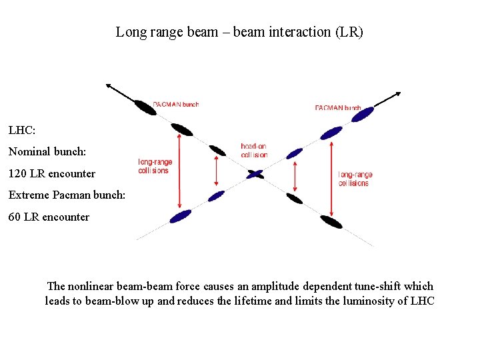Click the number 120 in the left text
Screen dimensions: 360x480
click(x=18, y=173)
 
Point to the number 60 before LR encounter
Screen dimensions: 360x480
click(x=15, y=217)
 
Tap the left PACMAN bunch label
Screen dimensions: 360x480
click(x=176, y=104)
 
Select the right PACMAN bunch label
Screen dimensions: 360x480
click(x=337, y=107)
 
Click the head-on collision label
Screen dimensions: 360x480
click(x=254, y=151)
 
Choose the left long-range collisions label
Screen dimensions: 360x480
click(x=155, y=166)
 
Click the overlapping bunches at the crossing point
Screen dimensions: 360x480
click(x=255, y=174)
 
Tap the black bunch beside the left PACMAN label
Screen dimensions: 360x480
click(x=145, y=107)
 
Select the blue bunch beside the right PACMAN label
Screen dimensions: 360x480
click(x=363, y=115)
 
